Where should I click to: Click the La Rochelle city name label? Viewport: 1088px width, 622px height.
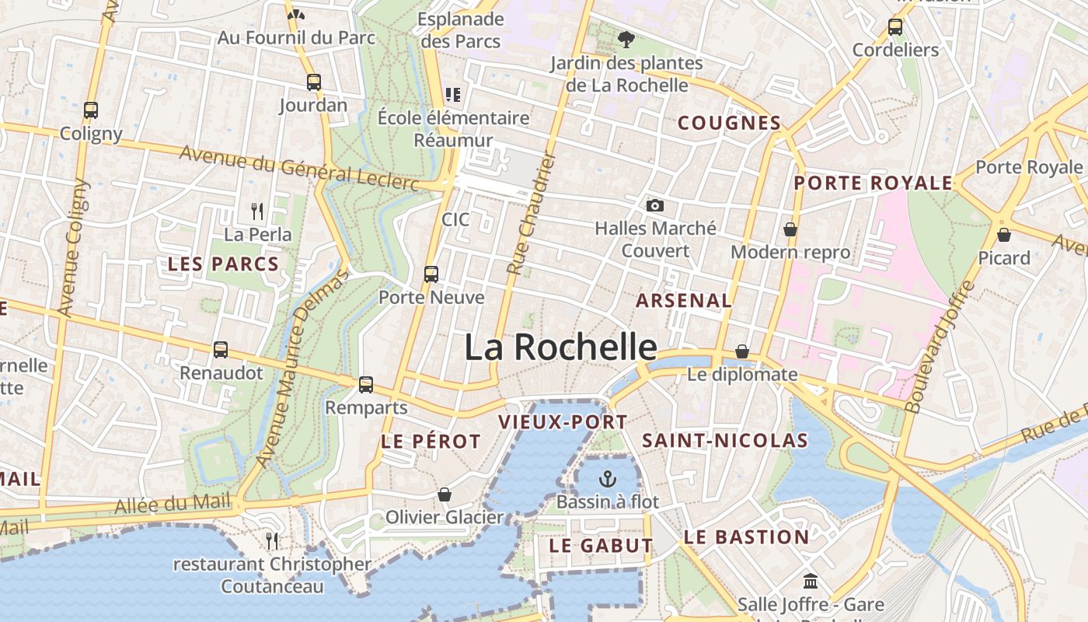[560, 347]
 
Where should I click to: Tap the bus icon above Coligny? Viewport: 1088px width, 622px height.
[91, 110]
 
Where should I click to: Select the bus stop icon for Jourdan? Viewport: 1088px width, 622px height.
[313, 82]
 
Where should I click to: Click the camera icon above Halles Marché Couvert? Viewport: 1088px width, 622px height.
[655, 205]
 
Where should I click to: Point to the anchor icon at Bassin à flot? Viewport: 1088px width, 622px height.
[608, 479]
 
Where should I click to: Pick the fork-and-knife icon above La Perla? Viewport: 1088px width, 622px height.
[258, 211]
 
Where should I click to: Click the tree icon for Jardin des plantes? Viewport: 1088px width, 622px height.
[626, 39]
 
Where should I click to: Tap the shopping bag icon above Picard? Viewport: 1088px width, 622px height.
[1004, 234]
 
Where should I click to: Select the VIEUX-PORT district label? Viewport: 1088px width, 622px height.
[562, 422]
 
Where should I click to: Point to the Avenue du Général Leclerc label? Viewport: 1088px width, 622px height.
[299, 166]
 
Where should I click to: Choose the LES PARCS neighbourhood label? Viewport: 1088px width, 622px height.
[223, 264]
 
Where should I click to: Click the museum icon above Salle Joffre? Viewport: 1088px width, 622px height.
[811, 581]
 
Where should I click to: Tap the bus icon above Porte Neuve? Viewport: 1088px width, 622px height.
[431, 274]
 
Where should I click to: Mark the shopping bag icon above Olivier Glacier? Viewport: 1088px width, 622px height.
[445, 494]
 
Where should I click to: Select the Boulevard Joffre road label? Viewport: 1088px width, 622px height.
[940, 346]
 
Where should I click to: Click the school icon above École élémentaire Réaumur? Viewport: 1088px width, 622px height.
[453, 95]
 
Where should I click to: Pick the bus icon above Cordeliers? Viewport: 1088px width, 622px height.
[895, 26]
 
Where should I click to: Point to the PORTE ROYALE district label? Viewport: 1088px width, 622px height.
[873, 183]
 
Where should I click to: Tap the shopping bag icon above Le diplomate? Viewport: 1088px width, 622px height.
[742, 351]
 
